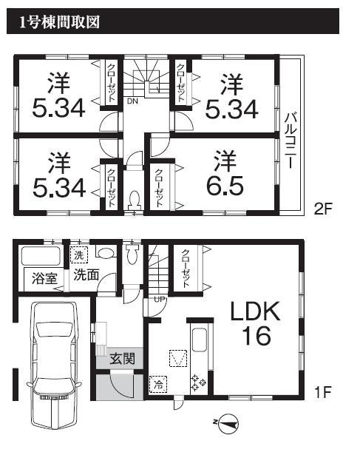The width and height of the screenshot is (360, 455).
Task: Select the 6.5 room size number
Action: pyautogui.click(x=221, y=183)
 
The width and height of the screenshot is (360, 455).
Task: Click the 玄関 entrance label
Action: pyautogui.click(x=121, y=360)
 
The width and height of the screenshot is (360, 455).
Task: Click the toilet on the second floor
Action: pyautogui.click(x=134, y=200)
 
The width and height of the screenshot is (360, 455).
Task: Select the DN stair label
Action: pyautogui.click(x=132, y=101)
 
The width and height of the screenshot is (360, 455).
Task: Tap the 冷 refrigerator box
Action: pyautogui.click(x=157, y=384)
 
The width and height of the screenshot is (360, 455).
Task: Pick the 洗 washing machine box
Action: pyautogui.click(x=79, y=255)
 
